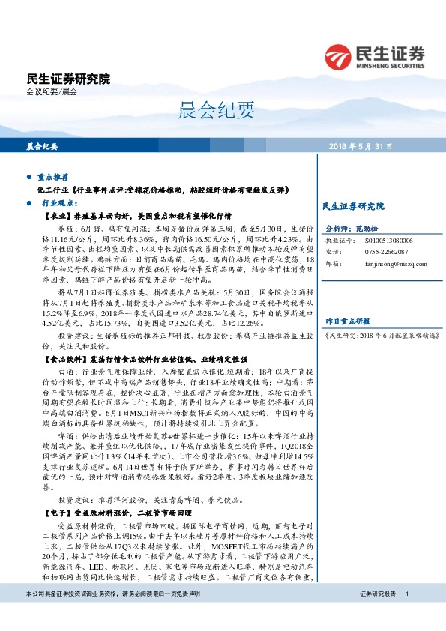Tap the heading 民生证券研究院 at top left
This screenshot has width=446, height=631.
click(67, 79)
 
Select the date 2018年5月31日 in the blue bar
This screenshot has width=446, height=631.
click(361, 146)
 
